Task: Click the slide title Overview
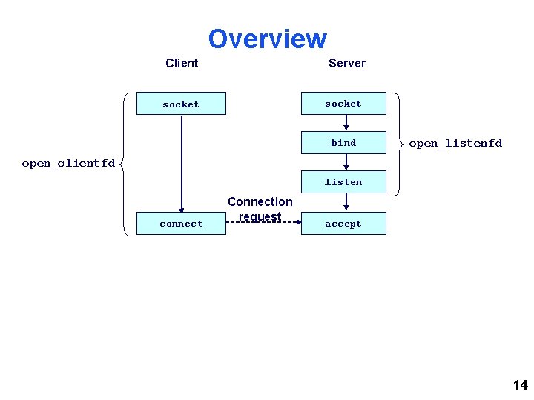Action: (267, 39)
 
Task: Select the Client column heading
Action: (182, 63)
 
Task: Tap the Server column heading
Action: (347, 63)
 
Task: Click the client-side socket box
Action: (181, 104)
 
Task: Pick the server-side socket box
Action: (343, 104)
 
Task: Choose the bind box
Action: (343, 142)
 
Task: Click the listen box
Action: (343, 181)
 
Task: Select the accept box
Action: (343, 224)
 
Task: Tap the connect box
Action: (181, 224)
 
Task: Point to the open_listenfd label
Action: (455, 143)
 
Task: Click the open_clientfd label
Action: (68, 163)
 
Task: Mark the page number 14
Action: (520, 384)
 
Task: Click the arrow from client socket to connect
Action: (181, 163)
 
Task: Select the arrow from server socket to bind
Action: (346, 123)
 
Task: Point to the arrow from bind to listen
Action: (346, 161)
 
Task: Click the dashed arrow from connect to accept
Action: (263, 222)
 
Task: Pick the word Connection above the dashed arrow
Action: (260, 201)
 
